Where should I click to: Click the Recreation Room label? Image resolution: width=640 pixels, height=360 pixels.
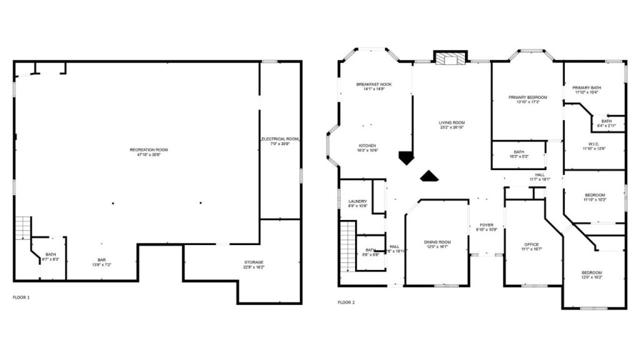click(149, 150)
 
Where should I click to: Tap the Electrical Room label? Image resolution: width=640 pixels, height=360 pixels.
click(281, 139)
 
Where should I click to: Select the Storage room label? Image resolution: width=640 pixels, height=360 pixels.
click(254, 262)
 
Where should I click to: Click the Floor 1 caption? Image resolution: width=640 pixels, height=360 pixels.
click(21, 297)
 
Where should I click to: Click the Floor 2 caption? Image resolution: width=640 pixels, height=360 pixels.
click(346, 302)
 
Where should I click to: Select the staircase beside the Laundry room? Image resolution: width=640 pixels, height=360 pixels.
click(347, 247)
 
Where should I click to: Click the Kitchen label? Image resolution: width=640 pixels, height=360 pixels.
click(367, 146)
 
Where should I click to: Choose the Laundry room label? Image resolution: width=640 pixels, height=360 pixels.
click(357, 201)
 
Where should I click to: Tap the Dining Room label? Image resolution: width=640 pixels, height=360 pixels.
click(437, 242)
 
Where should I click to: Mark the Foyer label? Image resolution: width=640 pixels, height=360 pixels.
click(486, 225)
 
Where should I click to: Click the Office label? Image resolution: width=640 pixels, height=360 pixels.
click(531, 244)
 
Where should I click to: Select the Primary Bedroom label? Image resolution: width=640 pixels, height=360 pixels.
click(527, 97)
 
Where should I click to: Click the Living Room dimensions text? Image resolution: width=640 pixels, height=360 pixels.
click(451, 127)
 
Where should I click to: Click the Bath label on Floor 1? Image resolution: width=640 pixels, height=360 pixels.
click(50, 254)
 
